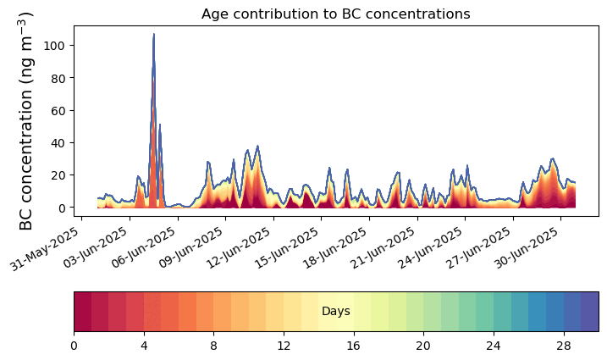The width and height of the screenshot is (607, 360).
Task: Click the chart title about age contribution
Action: (335, 14)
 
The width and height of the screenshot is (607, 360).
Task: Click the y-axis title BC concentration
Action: (26, 121)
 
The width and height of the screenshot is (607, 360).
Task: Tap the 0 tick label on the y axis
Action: (60, 208)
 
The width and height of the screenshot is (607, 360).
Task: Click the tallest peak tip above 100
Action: (153, 35)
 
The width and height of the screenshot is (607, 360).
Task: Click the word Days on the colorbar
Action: (336, 312)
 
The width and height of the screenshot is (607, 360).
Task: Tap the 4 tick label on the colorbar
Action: (144, 346)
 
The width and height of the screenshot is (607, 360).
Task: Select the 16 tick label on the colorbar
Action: (354, 346)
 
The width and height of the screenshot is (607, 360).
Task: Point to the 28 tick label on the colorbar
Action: (564, 346)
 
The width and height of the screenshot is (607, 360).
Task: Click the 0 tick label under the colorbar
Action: (74, 346)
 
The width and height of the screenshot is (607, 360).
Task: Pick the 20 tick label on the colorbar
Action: (424, 346)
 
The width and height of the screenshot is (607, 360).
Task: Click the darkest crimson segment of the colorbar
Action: (82, 311)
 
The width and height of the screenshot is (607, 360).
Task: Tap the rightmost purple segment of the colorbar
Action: (590, 311)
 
